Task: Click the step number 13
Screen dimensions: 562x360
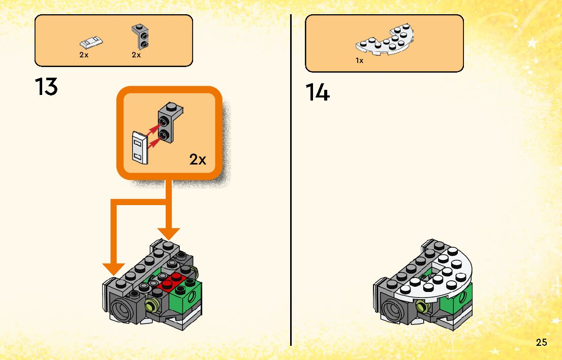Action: (46, 87)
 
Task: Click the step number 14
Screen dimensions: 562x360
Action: (318, 93)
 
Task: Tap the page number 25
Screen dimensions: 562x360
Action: (541, 342)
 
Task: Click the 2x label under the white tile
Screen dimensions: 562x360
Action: (84, 55)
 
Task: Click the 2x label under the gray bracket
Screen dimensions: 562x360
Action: (136, 55)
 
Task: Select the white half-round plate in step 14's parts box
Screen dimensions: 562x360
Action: (387, 42)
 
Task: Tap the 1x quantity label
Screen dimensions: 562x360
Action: (359, 60)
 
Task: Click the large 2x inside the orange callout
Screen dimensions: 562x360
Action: (198, 159)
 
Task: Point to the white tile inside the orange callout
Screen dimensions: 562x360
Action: (139, 147)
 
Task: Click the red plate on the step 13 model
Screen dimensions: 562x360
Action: (172, 281)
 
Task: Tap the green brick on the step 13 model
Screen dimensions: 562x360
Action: (185, 300)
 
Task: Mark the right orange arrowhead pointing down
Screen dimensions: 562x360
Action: (168, 233)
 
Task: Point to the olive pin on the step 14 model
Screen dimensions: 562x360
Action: (421, 306)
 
